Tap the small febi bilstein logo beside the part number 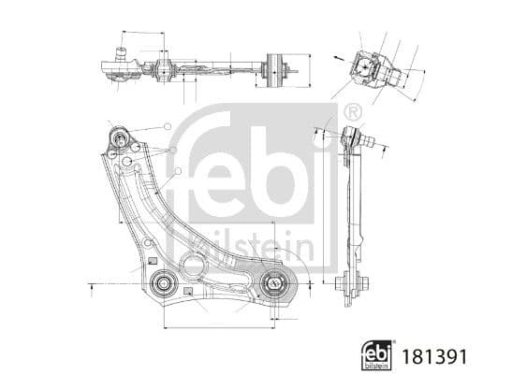click(378, 355)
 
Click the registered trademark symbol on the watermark click(353, 113)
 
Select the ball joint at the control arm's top click(120, 139)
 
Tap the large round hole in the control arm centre click(194, 266)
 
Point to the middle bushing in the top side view click(165, 68)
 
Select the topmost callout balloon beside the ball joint click(168, 125)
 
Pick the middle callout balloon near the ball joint click(173, 150)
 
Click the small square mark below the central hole click(189, 292)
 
